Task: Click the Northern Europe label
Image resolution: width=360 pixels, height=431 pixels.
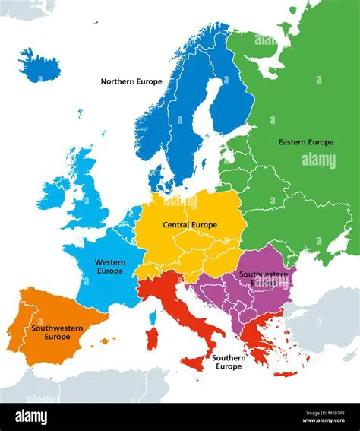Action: pos(132,81)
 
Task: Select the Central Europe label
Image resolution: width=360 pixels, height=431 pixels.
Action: pos(189,225)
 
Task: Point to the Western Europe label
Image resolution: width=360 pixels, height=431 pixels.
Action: pos(109,266)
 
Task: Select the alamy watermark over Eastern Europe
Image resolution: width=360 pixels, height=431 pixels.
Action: pos(318,160)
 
